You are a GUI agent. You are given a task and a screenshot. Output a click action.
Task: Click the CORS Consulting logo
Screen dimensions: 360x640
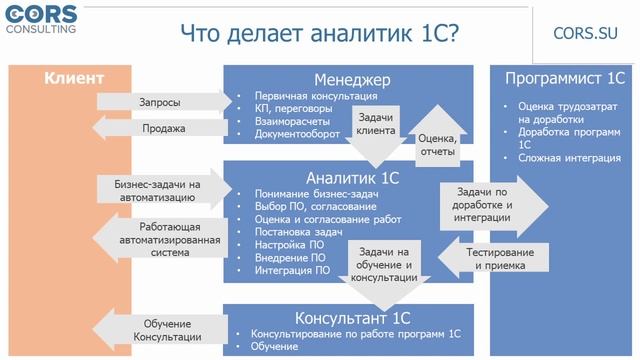point(44,17)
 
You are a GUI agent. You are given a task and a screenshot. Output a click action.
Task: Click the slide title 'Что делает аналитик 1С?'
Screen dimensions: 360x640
point(320,33)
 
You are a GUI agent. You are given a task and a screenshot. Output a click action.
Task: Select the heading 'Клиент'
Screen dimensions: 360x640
point(73,78)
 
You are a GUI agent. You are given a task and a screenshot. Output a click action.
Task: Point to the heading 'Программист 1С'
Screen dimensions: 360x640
point(565,79)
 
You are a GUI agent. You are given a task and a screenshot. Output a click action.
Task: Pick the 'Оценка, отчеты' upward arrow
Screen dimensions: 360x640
point(437,146)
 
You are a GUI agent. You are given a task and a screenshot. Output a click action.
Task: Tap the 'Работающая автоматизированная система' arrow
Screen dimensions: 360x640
point(160,240)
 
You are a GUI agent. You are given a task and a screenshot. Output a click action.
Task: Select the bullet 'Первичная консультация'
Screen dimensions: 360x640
point(315,96)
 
